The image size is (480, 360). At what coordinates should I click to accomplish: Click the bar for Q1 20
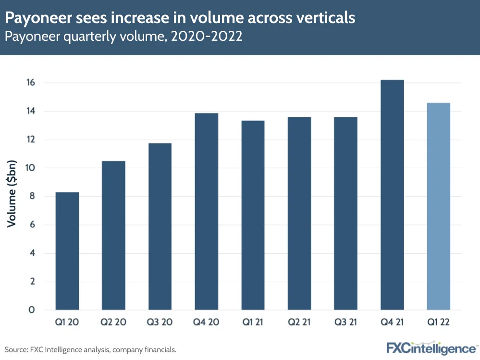pyautogui.click(x=67, y=251)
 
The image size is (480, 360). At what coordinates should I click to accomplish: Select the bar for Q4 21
pyautogui.click(x=392, y=195)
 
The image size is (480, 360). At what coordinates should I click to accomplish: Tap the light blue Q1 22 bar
pyautogui.click(x=439, y=206)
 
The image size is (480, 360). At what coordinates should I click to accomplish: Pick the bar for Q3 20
pyautogui.click(x=160, y=226)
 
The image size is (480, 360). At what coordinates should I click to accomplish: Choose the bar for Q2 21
pyautogui.click(x=299, y=213)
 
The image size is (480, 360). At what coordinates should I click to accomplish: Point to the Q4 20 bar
pyautogui.click(x=207, y=211)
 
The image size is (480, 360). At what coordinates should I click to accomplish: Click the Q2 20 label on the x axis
pyautogui.click(x=114, y=322)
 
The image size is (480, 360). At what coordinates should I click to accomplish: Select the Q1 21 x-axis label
pyautogui.click(x=253, y=322)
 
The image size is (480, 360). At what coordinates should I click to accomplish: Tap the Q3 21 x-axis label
pyautogui.click(x=346, y=322)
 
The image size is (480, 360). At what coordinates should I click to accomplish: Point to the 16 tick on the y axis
pyautogui.click(x=31, y=83)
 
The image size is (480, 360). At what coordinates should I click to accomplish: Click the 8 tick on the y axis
pyautogui.click(x=32, y=196)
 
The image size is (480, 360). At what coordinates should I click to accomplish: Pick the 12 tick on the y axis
pyautogui.click(x=31, y=139)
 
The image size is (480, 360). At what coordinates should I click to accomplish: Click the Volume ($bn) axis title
pyautogui.click(x=12, y=193)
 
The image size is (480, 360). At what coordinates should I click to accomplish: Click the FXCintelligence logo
pyautogui.click(x=431, y=348)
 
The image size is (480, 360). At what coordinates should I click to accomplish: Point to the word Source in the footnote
pyautogui.click(x=15, y=349)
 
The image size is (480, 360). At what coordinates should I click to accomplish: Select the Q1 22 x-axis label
pyautogui.click(x=439, y=322)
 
